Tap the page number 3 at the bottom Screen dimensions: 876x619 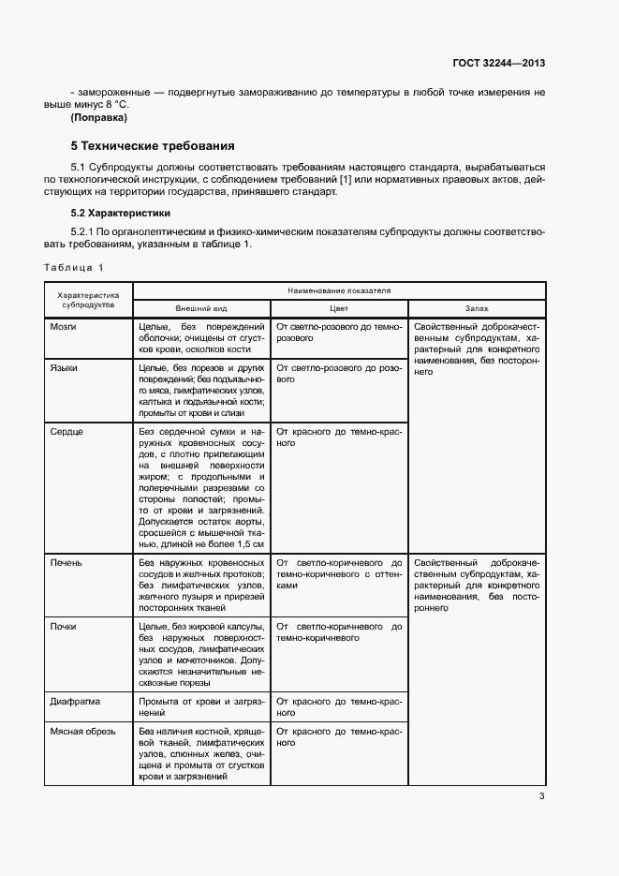(x=541, y=796)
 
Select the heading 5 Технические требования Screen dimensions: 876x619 (x=153, y=146)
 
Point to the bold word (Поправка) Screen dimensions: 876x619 (x=98, y=117)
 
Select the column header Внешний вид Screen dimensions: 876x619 (x=201, y=307)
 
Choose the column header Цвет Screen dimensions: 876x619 (x=338, y=307)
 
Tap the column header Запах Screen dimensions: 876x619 (x=476, y=307)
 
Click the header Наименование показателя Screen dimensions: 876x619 (x=339, y=290)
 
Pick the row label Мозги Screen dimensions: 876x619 (x=63, y=326)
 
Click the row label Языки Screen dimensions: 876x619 (x=64, y=368)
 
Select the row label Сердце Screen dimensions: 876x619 (x=66, y=431)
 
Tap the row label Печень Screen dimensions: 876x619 (x=66, y=563)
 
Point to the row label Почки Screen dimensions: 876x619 (x=64, y=626)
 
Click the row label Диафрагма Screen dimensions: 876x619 (x=74, y=701)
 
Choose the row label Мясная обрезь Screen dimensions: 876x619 (x=81, y=731)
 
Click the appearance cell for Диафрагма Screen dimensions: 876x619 (x=201, y=706)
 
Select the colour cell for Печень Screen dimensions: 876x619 (x=338, y=573)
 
